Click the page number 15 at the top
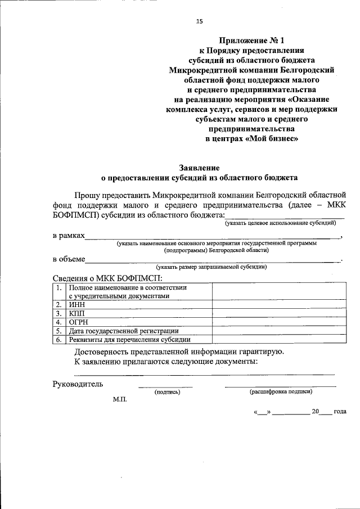199,21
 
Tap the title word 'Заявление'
199,167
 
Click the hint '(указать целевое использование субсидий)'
280,223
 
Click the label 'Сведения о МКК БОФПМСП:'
107,278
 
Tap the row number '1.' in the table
58,287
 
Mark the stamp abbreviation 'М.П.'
120,399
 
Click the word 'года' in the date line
339,411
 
